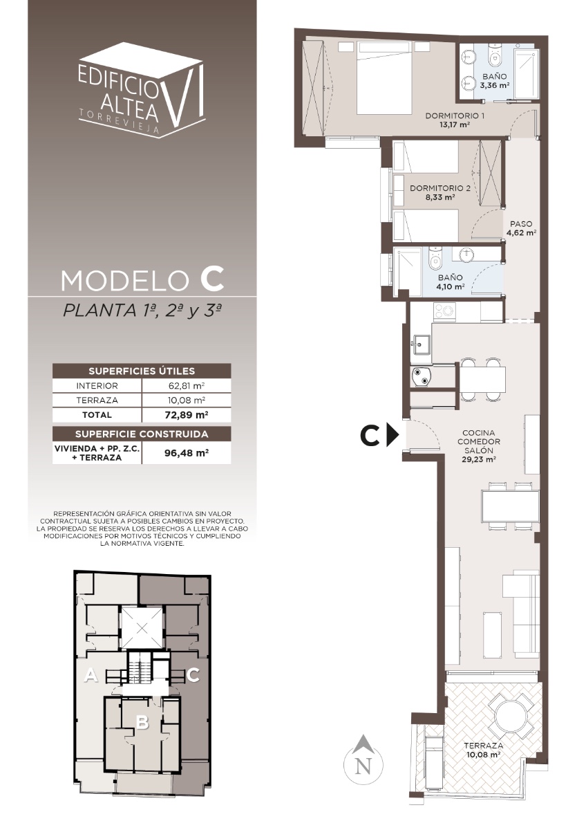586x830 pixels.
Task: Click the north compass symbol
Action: tap(363, 759)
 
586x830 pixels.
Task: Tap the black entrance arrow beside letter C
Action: tap(393, 435)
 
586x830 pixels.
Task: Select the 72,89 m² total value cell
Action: tap(186, 414)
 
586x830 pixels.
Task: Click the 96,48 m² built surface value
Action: tap(186, 453)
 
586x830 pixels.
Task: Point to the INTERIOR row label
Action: tap(97, 386)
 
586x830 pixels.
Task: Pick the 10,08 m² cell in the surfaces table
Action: tap(186, 400)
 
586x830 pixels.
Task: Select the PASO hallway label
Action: tap(521, 224)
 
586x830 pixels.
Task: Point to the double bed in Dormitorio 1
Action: tap(385, 77)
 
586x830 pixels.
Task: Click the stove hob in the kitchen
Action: tap(444, 311)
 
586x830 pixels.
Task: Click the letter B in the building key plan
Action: tap(143, 722)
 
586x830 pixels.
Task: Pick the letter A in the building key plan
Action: tap(91, 675)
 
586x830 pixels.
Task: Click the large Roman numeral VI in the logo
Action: tap(184, 96)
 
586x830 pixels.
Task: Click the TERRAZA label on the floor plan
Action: tap(483, 745)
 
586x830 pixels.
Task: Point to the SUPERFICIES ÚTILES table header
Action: tap(142, 371)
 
